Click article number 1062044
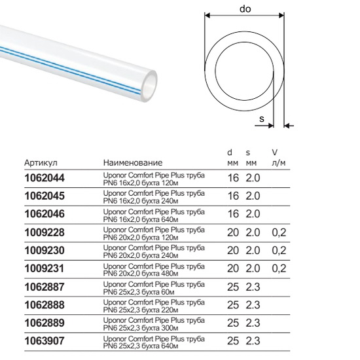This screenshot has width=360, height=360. (x=45, y=178)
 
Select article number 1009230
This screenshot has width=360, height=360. (x=45, y=250)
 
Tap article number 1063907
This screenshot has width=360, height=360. (x=45, y=341)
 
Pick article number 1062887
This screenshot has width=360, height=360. (x=45, y=287)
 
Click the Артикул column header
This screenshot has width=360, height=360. (x=41, y=163)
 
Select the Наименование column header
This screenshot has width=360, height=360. (x=133, y=163)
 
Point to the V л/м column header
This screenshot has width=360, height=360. (x=278, y=158)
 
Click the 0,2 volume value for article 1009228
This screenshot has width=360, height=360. (x=279, y=232)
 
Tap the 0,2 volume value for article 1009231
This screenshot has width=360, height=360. (x=279, y=268)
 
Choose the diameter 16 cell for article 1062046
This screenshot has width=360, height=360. (x=233, y=214)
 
